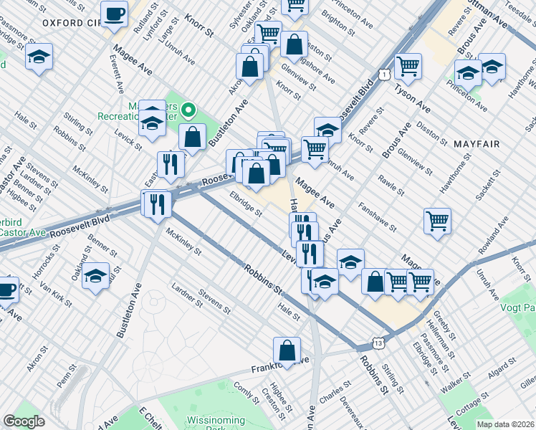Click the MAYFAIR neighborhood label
[x=476, y=143]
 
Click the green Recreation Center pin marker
[x=188, y=110]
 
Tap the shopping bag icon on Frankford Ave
[x=287, y=351]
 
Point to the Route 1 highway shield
[x=386, y=75]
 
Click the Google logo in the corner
[x=24, y=421]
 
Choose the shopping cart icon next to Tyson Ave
[x=408, y=66]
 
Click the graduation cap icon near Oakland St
[x=95, y=276]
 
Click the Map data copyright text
[x=505, y=424]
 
